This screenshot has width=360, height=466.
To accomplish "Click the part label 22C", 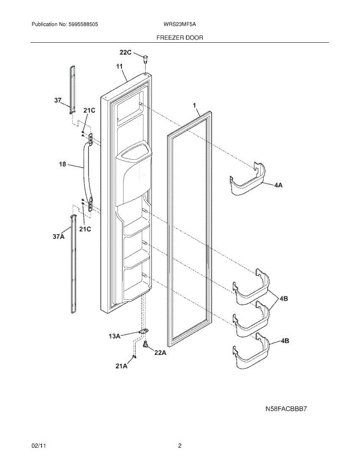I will [125, 53].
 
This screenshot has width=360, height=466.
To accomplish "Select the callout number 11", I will [119, 67].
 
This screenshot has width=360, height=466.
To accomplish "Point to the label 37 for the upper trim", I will [58, 101].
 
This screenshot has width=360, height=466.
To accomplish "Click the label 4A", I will [278, 186].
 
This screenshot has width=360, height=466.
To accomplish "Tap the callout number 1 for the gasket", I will [195, 105].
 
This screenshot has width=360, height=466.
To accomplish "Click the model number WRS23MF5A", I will [180, 24].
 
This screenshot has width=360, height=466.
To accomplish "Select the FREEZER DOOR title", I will [179, 38].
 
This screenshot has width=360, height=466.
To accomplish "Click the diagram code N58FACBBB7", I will [289, 409].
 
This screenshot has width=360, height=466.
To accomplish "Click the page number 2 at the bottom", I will [180, 447].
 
